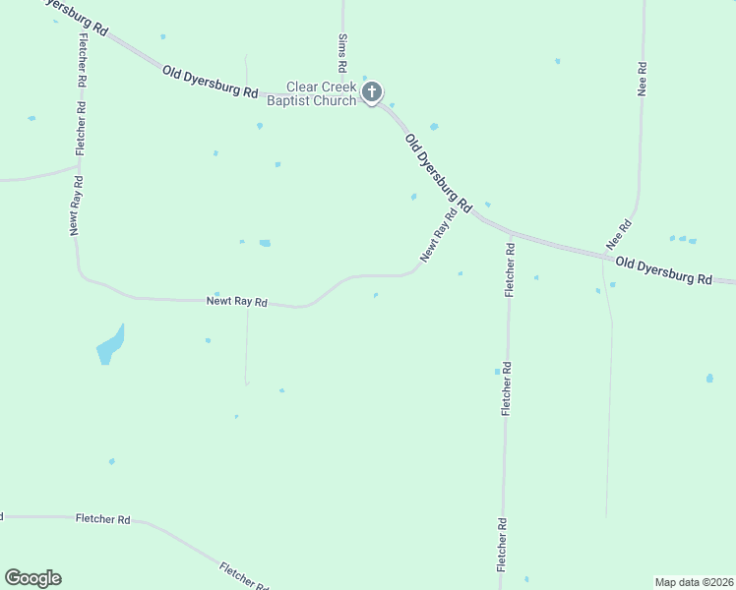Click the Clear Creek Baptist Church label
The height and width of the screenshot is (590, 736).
321,93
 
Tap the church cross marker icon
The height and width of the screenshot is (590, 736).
372,93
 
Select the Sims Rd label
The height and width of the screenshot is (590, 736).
343,54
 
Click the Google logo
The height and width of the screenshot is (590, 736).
32,578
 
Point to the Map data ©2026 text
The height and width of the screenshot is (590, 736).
694,582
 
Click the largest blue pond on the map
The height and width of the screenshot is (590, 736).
109,345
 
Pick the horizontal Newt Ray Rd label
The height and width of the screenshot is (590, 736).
236,302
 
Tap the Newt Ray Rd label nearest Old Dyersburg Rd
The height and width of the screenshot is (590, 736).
439,235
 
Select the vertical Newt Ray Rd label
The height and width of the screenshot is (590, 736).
75,206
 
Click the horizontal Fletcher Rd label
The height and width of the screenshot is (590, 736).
102,518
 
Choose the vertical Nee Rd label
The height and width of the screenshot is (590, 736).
642,79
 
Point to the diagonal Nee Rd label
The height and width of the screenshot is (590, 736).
618,233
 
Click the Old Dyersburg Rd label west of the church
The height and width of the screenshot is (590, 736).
211,82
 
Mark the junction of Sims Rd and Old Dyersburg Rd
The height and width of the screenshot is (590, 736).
344,96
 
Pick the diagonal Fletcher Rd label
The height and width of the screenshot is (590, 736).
243,575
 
